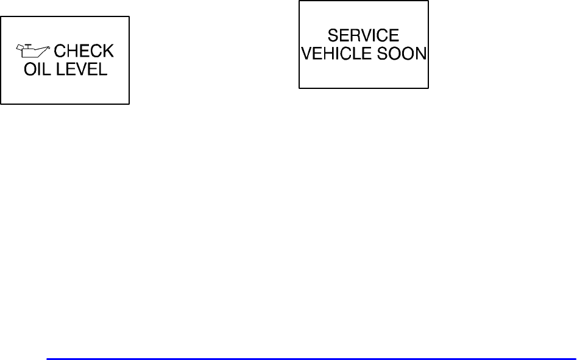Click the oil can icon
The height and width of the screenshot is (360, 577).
tap(35, 51)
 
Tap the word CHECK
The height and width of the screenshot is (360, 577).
tap(84, 52)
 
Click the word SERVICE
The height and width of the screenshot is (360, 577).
tap(363, 36)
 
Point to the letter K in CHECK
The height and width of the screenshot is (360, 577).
tap(108, 52)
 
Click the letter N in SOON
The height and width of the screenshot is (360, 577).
tap(421, 54)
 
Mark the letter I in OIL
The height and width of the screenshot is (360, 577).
tap(40, 69)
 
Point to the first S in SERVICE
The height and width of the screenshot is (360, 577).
tap(333, 36)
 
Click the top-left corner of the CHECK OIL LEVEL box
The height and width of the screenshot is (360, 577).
tap(1, 16)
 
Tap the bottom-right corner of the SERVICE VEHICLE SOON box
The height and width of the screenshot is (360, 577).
tap(428, 88)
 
